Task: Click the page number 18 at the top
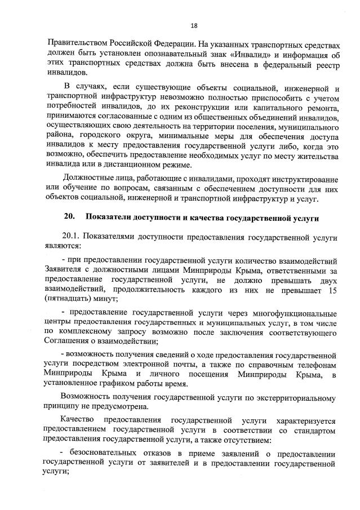(194, 25)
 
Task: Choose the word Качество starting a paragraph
(77, 420)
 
